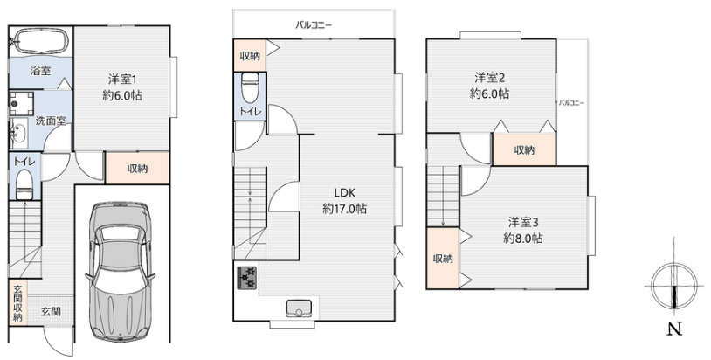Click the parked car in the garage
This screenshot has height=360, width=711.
[121, 272]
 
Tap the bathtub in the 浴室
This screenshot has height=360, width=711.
[40, 41]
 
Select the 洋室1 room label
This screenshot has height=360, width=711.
[122, 80]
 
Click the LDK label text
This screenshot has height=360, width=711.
[345, 193]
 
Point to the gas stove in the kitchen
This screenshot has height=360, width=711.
[246, 278]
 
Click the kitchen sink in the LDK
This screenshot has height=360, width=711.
[299, 308]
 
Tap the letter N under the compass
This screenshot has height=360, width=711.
[674, 329]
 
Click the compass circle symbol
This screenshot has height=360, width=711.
[674, 286]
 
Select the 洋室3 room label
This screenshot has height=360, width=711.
[523, 222]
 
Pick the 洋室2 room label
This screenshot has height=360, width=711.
[490, 78]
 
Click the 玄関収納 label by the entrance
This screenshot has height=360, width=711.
[17, 303]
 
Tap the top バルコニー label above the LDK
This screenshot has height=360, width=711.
[314, 25]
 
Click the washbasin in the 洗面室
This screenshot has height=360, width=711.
[19, 134]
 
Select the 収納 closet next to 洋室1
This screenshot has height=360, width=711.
[137, 168]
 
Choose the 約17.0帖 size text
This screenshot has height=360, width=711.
[345, 209]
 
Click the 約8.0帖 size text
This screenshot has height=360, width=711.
[523, 238]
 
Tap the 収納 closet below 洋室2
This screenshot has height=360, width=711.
[524, 149]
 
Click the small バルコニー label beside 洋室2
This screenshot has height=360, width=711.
[571, 103]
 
